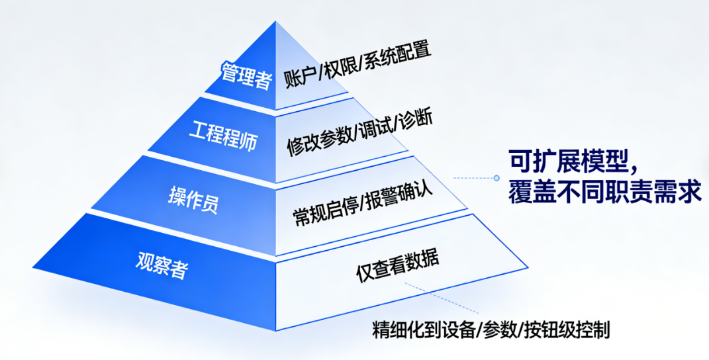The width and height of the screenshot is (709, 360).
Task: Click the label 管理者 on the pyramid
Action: [x=246, y=75]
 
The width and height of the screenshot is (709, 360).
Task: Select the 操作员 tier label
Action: [x=193, y=197]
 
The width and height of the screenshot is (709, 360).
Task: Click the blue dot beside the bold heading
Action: [x=496, y=177]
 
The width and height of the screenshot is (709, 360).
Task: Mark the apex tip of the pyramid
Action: [x=276, y=21]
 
